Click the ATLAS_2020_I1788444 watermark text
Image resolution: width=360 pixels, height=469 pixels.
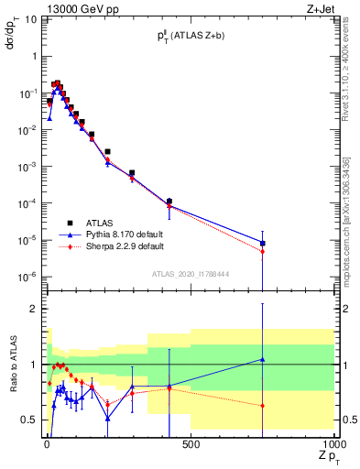(x=191, y=274)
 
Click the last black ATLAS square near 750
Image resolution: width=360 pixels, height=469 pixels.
(x=263, y=244)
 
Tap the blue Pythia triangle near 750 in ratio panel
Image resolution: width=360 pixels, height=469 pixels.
(x=263, y=359)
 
